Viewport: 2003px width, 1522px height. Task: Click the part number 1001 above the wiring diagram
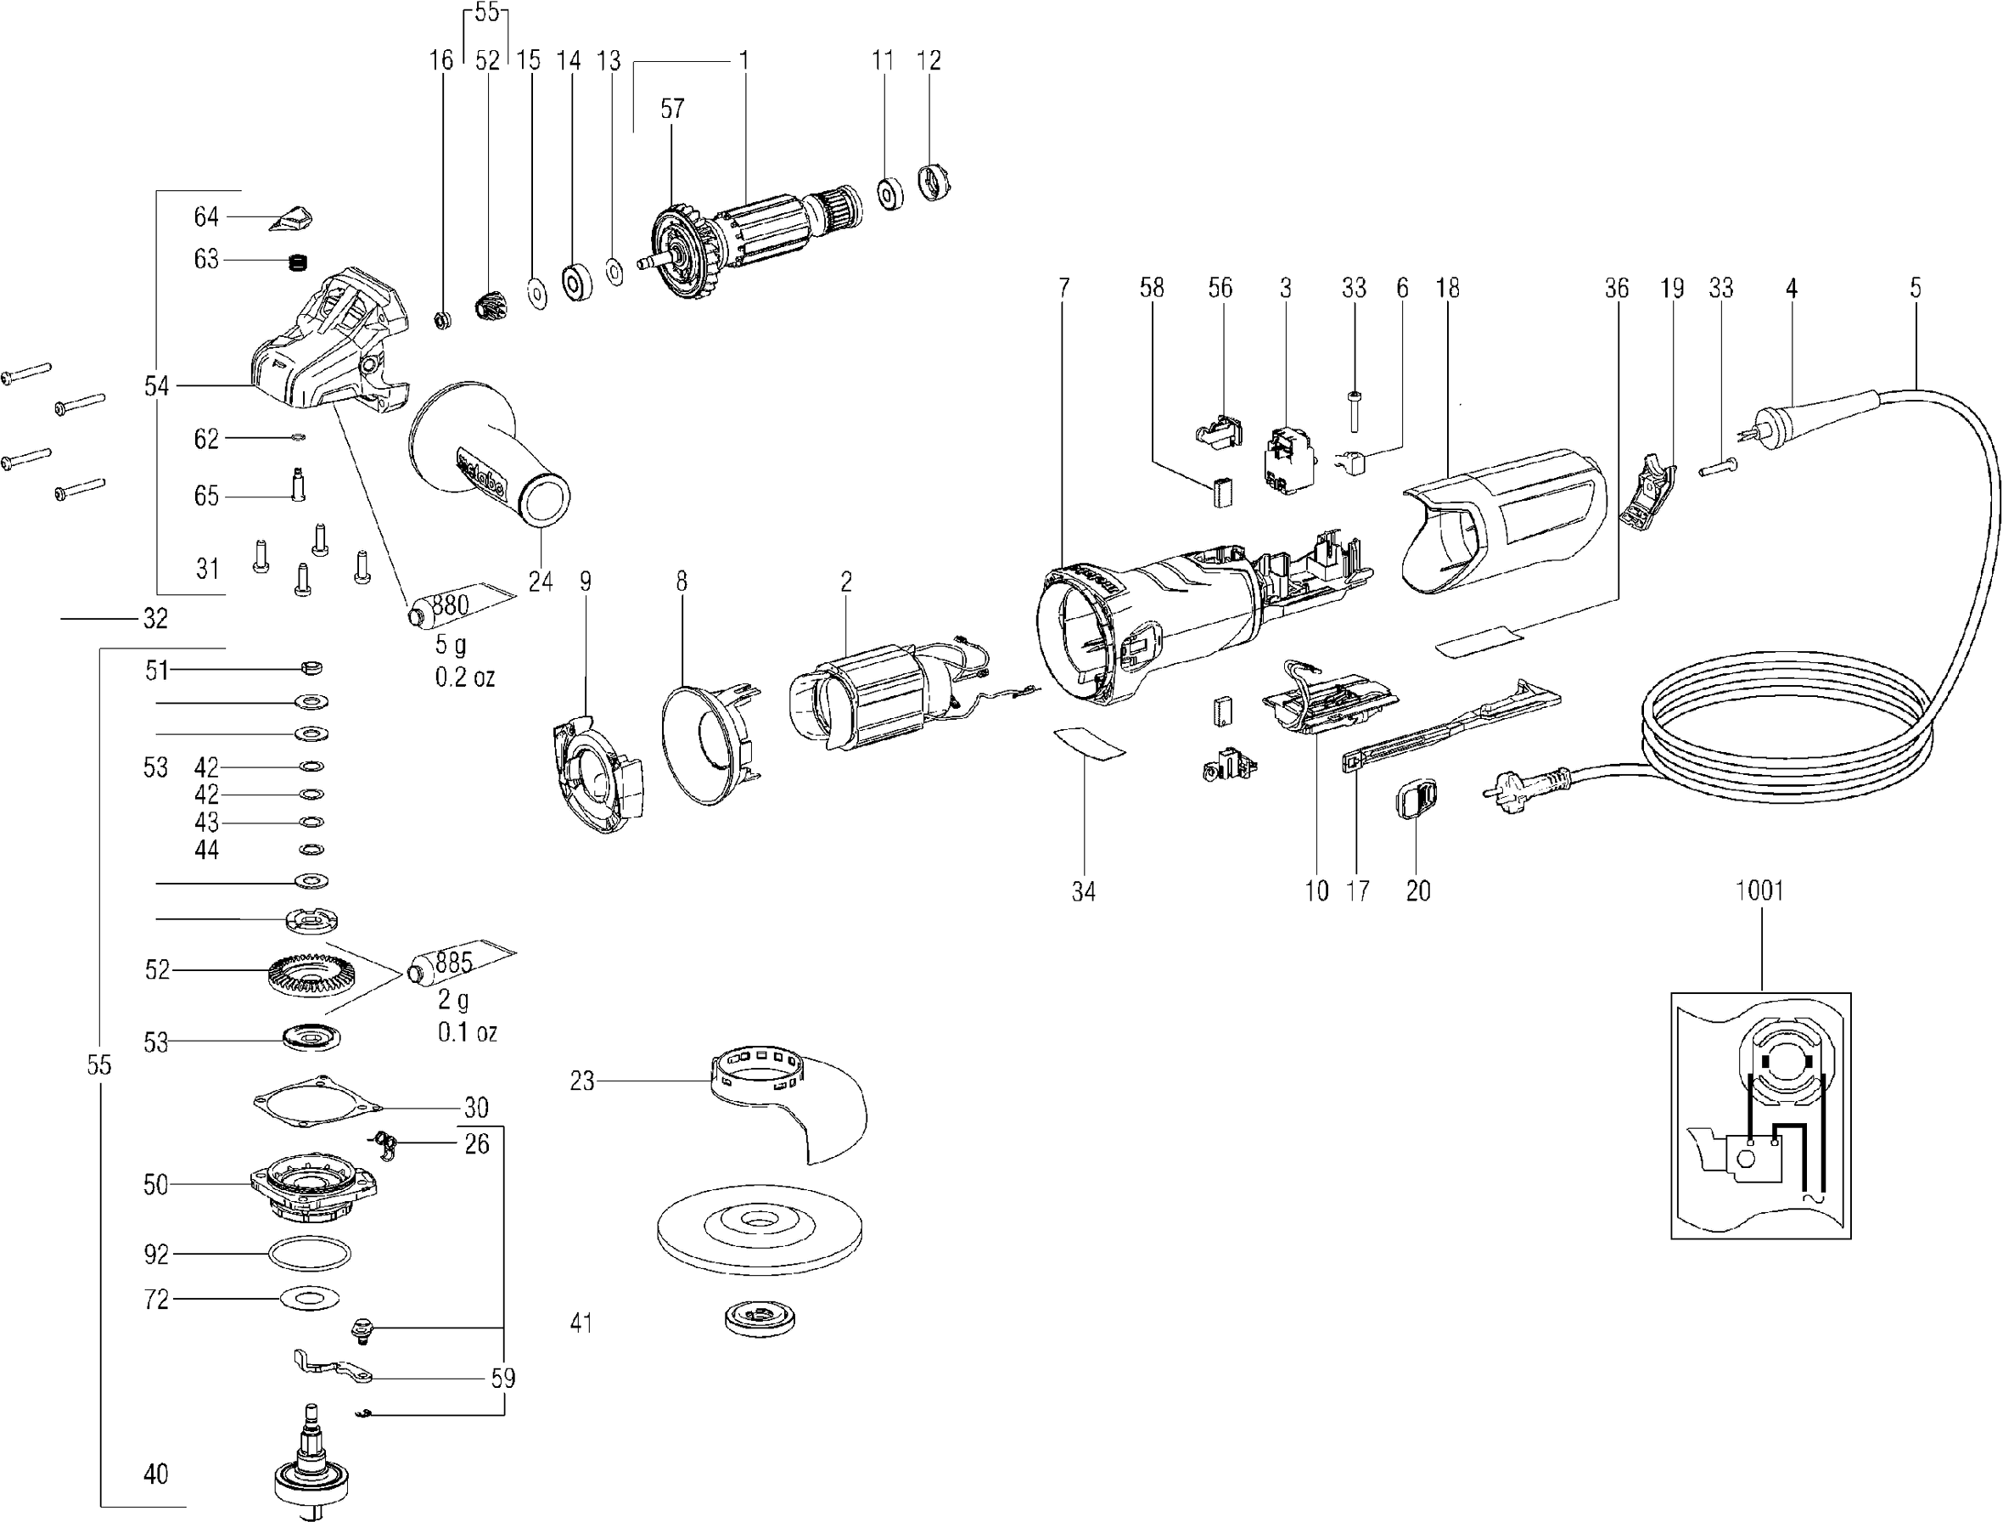[1759, 890]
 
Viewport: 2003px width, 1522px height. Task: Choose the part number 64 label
[205, 217]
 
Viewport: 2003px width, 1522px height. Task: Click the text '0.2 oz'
[465, 677]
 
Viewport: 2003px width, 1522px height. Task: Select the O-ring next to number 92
[310, 1254]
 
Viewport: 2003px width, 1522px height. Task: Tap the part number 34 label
[1084, 892]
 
